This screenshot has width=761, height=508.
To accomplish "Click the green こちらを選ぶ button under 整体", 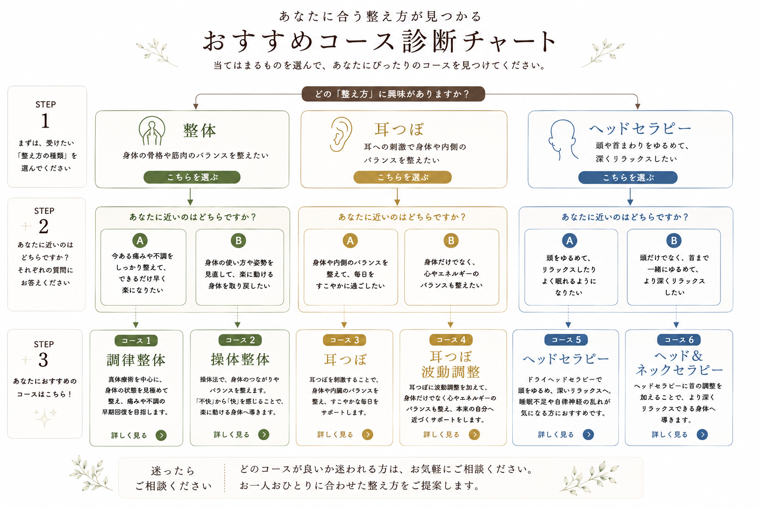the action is (x=192, y=177).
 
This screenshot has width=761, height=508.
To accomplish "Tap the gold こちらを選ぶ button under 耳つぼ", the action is (x=403, y=177).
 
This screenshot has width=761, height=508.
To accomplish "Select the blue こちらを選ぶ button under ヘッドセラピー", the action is (x=628, y=178).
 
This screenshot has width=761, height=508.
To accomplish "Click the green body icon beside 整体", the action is (x=152, y=130).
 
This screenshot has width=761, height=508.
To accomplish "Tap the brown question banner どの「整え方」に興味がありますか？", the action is (x=393, y=94).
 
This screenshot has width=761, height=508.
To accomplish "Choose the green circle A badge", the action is (x=140, y=241).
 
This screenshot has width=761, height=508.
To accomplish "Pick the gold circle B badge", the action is (x=451, y=241).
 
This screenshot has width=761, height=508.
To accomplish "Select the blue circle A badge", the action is (x=569, y=241).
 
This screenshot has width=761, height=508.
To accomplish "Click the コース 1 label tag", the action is (x=136, y=340).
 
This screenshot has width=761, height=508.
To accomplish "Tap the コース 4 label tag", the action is (x=451, y=339).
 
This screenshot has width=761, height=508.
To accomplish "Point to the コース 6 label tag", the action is (x=679, y=339).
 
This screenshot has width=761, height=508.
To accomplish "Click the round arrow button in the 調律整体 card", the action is (x=161, y=435).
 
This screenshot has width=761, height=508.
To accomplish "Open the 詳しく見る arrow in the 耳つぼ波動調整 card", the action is (x=474, y=435).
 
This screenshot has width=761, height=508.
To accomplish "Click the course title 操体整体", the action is (x=240, y=359).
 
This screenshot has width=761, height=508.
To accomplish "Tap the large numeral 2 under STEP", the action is (x=44, y=226).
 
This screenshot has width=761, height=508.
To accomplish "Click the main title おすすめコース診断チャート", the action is (x=380, y=41).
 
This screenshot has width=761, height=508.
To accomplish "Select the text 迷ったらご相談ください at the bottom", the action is (x=173, y=478).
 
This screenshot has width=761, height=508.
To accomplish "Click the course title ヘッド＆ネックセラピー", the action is (x=679, y=363).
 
